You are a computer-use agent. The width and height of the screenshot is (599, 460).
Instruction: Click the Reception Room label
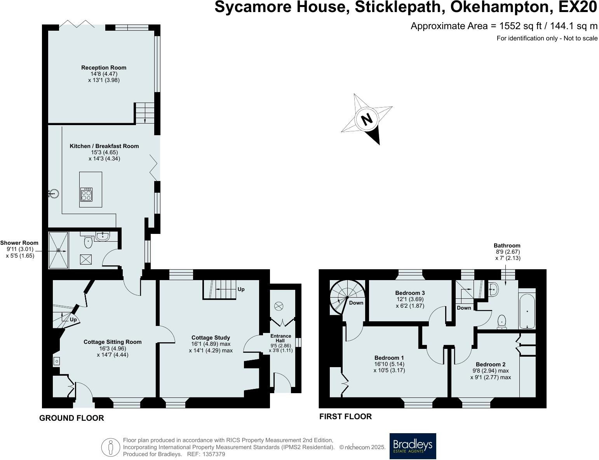(x=103, y=68)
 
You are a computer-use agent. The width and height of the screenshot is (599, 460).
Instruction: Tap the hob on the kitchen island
(x=86, y=194)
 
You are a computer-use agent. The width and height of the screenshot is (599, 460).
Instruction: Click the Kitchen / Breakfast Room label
(x=104, y=146)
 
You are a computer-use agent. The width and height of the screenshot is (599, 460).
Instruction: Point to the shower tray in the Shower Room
(x=58, y=250)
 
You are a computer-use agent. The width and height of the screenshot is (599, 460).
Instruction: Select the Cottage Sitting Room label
(x=113, y=342)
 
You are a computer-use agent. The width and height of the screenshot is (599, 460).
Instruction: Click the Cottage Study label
(x=211, y=338)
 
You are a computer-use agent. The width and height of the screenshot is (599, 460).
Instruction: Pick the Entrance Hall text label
(x=280, y=338)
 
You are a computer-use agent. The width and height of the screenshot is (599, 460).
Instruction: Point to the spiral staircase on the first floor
(x=342, y=297)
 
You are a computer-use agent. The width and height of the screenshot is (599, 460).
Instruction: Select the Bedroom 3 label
(x=410, y=293)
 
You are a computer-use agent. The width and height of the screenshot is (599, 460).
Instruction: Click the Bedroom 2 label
(x=490, y=364)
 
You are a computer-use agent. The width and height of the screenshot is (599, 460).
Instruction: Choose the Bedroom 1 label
(x=389, y=358)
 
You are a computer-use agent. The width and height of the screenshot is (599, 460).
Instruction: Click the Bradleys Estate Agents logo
(x=413, y=446)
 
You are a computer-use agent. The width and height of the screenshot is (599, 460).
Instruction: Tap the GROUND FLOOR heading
(x=71, y=418)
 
